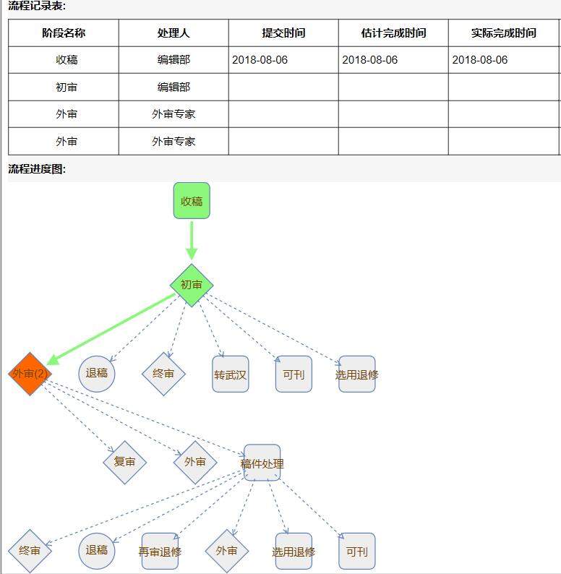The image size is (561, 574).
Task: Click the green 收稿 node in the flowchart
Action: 192,200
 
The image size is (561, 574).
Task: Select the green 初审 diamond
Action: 192,285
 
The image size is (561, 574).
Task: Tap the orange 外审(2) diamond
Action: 30,374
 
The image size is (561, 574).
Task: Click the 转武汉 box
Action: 231,374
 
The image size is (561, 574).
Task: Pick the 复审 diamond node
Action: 124,463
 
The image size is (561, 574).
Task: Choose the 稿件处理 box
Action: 262,463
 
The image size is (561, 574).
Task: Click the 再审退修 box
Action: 160,552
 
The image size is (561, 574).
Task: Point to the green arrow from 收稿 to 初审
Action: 192,241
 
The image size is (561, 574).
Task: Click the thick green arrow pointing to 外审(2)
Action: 111,329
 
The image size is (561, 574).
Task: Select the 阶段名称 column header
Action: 64,33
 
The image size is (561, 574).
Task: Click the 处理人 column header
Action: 174,33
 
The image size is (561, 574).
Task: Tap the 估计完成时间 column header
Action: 394,33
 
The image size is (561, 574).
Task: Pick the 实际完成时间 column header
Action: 503,33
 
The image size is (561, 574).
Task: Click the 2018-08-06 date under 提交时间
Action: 260,60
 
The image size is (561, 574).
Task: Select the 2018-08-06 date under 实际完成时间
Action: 480,60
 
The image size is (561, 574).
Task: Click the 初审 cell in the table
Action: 67,87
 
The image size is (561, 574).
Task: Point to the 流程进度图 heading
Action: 37,168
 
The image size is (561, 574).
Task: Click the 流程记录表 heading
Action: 37,6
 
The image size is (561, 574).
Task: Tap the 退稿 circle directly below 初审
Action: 97,374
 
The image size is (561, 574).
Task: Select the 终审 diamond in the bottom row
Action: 30,551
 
